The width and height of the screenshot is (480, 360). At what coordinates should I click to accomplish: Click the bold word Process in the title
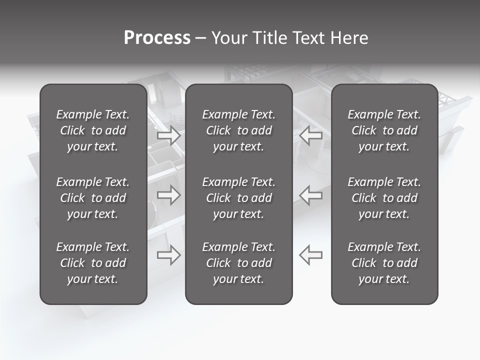pos(157,38)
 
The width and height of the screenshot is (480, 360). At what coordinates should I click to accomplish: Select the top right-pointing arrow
pos(168,135)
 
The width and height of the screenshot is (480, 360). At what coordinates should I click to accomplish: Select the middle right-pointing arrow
pos(168,195)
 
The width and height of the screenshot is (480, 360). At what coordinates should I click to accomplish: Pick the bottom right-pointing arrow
pos(168,255)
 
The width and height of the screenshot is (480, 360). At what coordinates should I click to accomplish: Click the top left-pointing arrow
pos(310,135)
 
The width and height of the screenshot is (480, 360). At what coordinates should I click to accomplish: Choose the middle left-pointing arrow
pos(310,195)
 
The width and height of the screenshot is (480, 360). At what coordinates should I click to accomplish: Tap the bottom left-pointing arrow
pos(310,255)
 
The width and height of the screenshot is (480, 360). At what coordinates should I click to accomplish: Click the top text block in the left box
pos(93,130)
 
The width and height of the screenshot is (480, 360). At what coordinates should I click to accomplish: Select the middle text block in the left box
pos(93,198)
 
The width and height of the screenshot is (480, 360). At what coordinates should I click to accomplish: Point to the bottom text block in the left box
pos(93,263)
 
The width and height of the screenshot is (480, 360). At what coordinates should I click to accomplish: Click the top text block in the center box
pos(239,130)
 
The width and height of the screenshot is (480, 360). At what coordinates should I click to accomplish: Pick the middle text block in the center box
pos(239,198)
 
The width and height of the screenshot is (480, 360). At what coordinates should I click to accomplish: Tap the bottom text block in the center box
pos(239,263)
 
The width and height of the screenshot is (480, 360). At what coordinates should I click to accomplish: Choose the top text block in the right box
pos(384,130)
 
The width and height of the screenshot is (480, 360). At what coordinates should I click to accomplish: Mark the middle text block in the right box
pos(384,198)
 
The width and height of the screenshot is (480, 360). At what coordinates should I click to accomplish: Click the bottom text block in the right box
pos(384,263)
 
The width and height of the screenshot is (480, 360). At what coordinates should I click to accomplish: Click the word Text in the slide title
pos(309,38)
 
